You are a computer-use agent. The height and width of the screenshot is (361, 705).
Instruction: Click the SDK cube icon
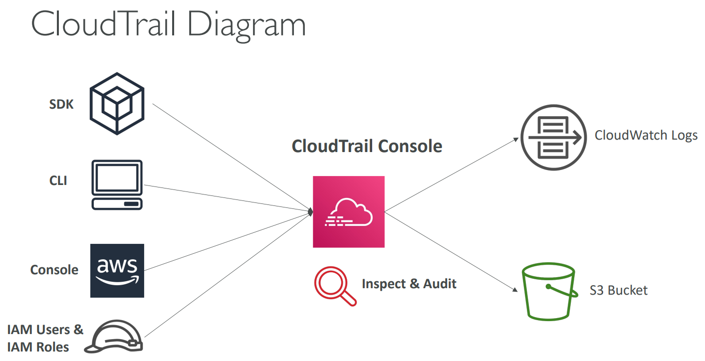117,103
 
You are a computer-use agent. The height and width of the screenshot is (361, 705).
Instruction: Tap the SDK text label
61,105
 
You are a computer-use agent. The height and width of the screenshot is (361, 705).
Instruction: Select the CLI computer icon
117,184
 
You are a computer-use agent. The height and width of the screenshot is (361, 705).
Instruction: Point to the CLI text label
58,180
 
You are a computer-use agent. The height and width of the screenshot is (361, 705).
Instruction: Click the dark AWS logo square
117,271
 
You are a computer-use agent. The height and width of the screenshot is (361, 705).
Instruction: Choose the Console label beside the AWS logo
54,270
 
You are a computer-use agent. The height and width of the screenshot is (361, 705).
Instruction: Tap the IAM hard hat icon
114,337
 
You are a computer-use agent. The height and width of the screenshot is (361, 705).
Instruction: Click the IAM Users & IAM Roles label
45,338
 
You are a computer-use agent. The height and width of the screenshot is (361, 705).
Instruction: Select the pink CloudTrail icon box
349,212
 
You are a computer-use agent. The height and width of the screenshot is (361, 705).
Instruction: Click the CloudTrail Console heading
367,147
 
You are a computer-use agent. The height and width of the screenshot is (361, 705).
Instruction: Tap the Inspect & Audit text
409,284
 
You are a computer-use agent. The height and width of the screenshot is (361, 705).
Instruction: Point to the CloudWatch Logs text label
646,136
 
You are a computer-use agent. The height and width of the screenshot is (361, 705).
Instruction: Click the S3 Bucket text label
619,290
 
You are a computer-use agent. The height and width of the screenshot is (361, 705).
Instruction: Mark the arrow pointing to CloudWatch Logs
452,175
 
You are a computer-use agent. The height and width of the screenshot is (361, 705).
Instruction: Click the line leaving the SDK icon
230,157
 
